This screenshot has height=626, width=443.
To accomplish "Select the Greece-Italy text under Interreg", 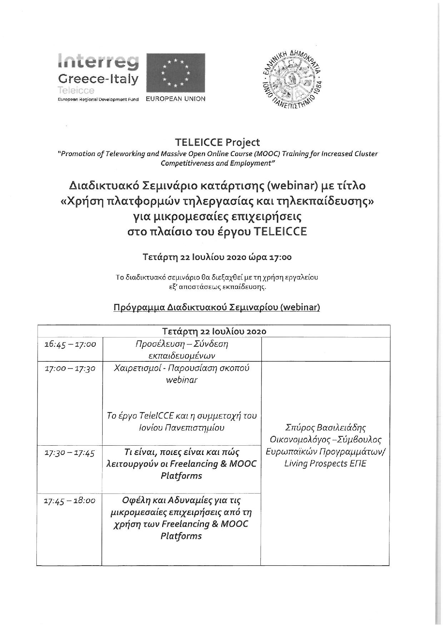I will [98, 79].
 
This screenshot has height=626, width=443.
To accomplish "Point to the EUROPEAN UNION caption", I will [175, 99].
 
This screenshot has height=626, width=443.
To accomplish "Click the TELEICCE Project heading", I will [217, 142].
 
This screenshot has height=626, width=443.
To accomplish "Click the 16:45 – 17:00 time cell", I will [70, 344].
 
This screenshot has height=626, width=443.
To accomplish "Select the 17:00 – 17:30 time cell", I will [70, 368].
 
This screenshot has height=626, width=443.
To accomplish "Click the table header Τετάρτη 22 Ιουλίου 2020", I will [214, 331].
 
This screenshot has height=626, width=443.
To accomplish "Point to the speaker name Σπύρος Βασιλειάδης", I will [325, 427].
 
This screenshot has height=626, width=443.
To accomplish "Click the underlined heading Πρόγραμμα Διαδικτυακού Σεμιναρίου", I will [216, 307].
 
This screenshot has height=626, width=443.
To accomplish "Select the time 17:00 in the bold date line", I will [282, 257].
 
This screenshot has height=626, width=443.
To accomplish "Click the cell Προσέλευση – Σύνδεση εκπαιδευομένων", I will [181, 350].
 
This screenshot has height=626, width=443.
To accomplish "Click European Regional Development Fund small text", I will [98, 100].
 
